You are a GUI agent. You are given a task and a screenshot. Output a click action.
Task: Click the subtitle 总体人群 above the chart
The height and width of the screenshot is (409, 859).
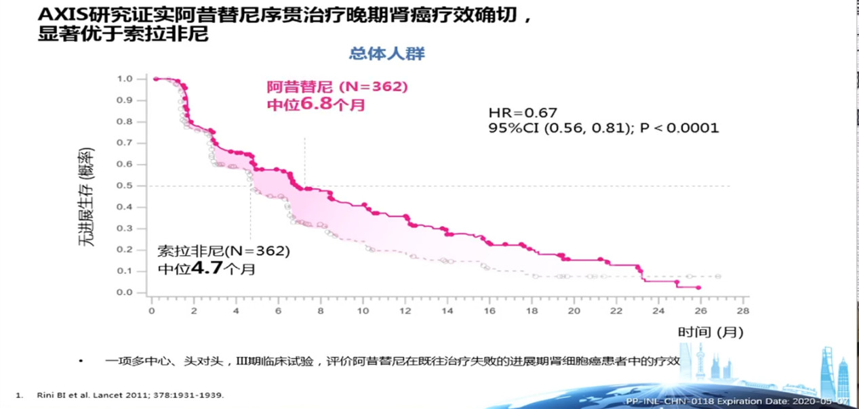point(387,53)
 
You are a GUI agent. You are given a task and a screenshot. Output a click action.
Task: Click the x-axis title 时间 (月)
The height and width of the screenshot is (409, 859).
point(710,332)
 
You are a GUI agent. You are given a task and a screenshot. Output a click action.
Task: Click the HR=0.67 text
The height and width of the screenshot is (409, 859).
point(523,113)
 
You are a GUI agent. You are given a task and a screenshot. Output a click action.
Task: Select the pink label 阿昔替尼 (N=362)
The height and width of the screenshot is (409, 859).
point(336,87)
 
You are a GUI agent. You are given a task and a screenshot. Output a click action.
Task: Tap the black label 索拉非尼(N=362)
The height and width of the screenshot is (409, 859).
point(224,251)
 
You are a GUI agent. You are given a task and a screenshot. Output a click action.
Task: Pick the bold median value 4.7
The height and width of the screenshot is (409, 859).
point(205,268)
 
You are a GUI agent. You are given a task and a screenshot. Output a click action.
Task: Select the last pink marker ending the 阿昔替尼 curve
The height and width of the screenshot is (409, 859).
point(698,288)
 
